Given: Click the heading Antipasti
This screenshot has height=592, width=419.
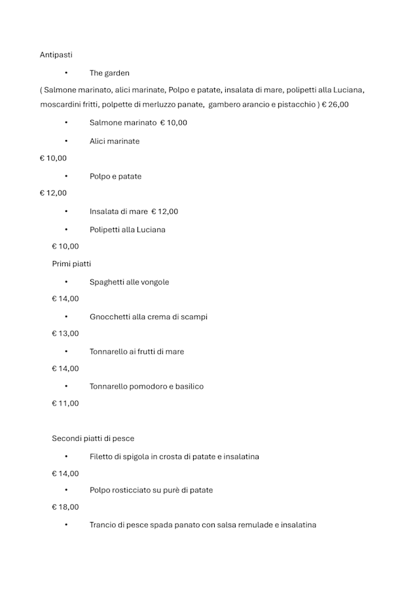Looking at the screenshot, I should [56, 55].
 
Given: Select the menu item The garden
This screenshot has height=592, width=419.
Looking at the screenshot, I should [109, 73].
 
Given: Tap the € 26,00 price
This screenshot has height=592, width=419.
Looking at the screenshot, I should [335, 104].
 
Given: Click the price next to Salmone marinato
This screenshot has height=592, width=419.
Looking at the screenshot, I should [173, 122].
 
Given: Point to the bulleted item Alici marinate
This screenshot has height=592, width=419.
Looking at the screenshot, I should [115, 141].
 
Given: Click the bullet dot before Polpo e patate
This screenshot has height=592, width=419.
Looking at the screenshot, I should [66, 176].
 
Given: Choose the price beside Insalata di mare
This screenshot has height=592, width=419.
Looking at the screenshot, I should [164, 211].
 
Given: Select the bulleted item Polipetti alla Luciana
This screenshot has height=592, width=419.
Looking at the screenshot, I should [128, 230].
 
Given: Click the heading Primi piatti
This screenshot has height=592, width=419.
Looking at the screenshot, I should [71, 264].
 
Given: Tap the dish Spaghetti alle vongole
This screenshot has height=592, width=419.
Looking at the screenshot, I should [129, 282].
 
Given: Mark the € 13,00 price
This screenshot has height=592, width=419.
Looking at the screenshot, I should [65, 334].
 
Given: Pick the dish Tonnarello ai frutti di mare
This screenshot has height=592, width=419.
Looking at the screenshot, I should [137, 351].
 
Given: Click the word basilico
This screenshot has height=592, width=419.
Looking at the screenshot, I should [188, 386].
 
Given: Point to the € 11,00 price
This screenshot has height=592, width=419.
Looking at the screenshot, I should [65, 404].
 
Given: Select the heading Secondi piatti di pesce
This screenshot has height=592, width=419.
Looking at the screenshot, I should [93, 438].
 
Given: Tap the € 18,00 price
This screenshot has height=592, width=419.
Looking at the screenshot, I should [65, 507].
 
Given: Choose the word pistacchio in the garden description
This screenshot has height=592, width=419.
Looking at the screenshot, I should [295, 104].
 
